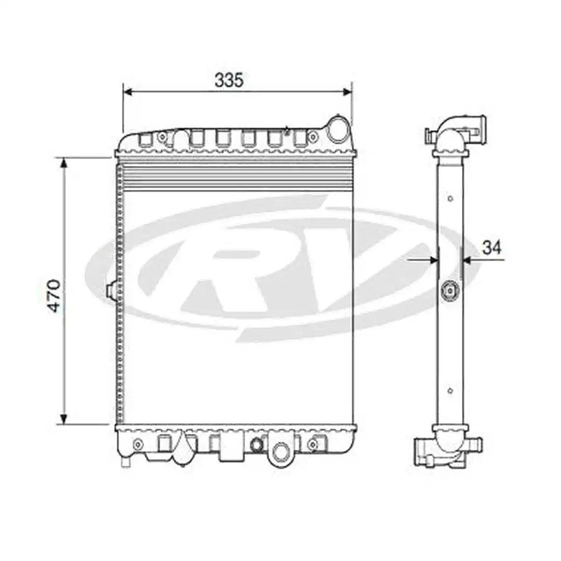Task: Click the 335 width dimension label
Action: click(229, 80)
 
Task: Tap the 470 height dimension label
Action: click(55, 295)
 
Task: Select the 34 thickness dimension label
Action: click(491, 247)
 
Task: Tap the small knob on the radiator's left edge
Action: click(112, 291)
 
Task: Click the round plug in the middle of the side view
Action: click(450, 291)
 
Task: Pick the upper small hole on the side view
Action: click(450, 199)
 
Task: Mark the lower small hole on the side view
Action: click(450, 391)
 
